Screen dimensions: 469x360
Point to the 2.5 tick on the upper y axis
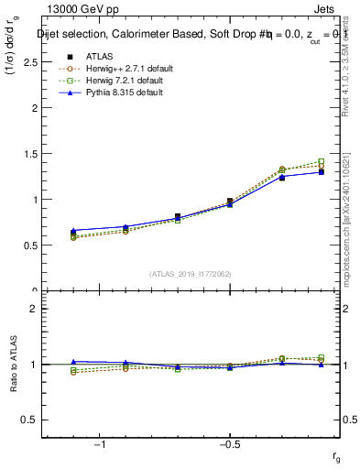click(x=29, y=61)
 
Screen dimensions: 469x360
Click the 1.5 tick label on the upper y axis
click(x=29, y=153)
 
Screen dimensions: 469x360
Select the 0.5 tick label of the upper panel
click(x=29, y=245)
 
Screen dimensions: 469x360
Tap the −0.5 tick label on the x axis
click(x=229, y=443)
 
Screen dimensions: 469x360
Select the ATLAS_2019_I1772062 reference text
click(x=191, y=273)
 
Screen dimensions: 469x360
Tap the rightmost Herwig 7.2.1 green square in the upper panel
click(x=321, y=161)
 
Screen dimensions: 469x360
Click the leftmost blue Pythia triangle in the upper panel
click(x=73, y=231)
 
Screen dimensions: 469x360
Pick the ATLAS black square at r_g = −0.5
click(x=230, y=201)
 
